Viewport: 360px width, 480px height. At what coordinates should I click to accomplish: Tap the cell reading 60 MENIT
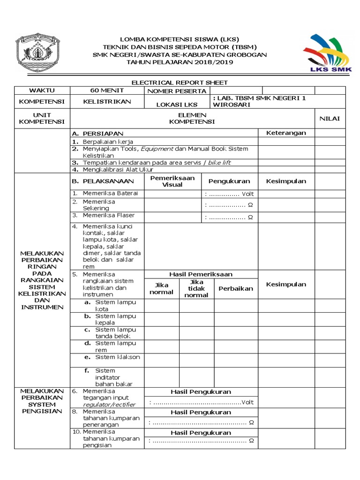tap(107, 90)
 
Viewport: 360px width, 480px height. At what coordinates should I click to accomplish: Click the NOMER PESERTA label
tap(177, 91)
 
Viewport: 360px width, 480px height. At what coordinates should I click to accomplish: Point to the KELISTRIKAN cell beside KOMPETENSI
tap(107, 101)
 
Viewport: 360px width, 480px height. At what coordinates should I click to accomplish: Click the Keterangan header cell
tap(286, 133)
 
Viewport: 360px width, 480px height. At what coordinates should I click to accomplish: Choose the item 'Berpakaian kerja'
tap(108, 142)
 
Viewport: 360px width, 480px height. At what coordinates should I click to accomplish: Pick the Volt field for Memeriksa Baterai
tap(230, 194)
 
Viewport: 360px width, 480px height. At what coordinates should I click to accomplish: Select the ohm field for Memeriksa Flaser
tap(230, 217)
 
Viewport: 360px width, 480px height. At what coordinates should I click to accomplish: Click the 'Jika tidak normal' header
tap(196, 288)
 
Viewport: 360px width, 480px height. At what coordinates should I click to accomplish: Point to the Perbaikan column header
tap(236, 289)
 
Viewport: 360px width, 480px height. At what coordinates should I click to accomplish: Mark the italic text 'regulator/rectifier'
tap(109, 405)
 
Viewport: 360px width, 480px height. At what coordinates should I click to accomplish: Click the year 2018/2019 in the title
tap(207, 62)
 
